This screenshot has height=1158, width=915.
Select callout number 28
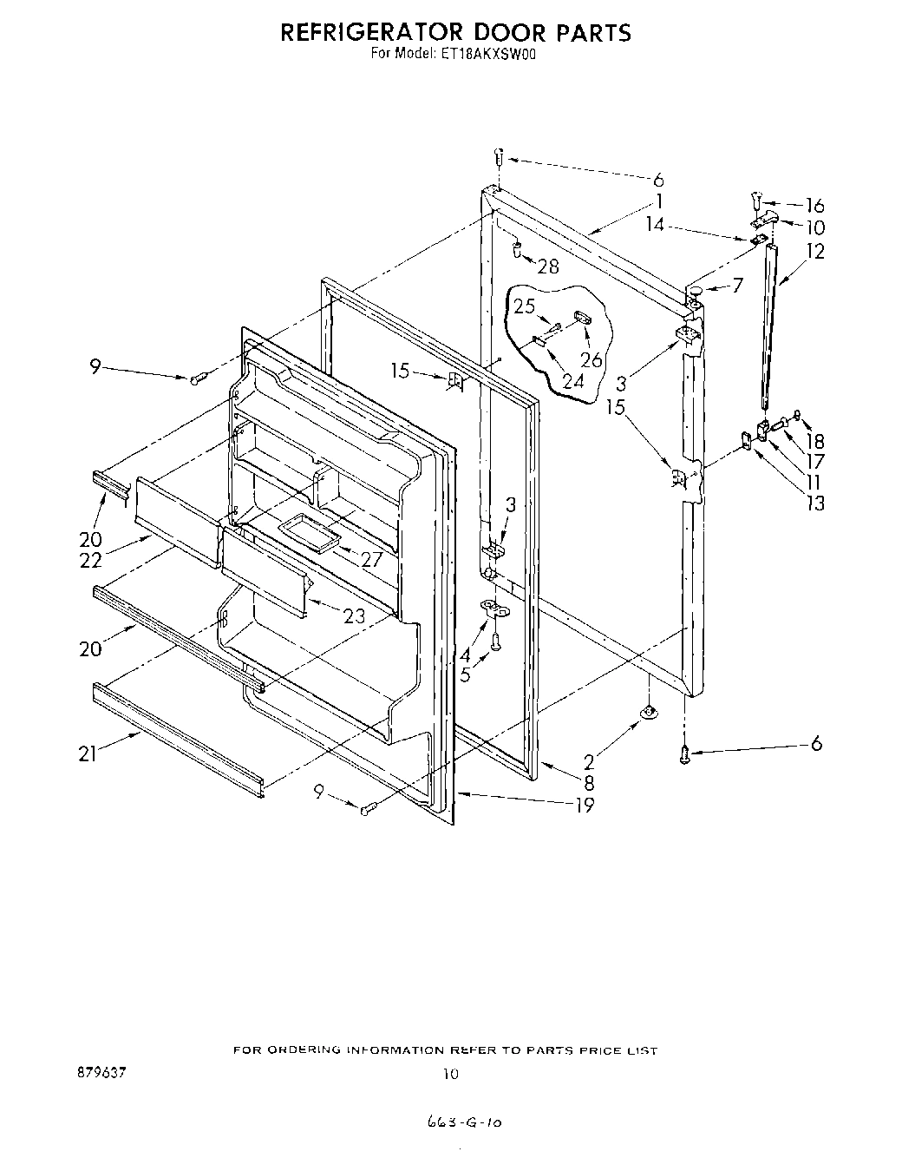point(548,266)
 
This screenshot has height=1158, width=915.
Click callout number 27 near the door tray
point(371,560)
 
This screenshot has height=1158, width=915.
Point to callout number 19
point(585,805)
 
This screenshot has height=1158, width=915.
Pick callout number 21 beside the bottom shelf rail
point(88,754)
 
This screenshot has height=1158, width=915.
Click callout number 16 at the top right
point(814,206)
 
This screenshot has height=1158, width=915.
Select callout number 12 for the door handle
point(815,251)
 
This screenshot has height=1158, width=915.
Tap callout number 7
point(736,285)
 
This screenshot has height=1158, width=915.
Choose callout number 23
point(354,615)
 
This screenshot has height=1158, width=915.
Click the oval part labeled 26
point(581,319)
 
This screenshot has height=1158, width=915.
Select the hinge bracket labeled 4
point(494,609)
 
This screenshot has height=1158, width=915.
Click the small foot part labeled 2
point(649,713)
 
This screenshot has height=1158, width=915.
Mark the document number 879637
point(101,1073)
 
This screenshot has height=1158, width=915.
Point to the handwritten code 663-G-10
point(466,1122)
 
